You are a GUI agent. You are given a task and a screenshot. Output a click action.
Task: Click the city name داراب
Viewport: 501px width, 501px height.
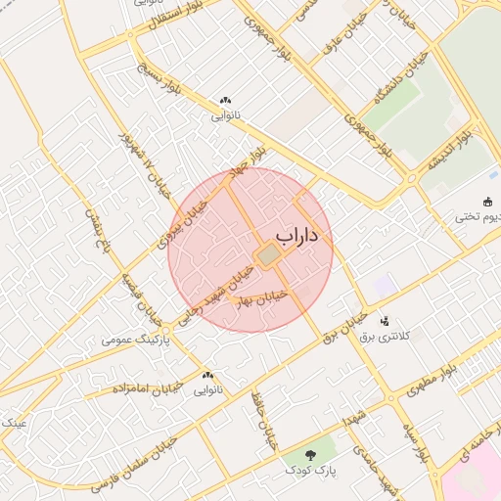coord(303,236)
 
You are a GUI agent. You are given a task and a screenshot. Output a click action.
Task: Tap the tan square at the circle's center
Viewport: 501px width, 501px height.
coord(266,255)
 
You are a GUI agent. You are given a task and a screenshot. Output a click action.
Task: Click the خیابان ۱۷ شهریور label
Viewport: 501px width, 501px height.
coord(136,161)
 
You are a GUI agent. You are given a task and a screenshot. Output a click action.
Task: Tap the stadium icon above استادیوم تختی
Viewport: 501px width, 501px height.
coord(487,202)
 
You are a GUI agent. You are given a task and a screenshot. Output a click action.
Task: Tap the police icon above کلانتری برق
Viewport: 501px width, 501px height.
coord(385,320)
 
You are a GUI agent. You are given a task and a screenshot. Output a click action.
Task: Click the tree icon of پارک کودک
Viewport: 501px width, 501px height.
coord(310,454)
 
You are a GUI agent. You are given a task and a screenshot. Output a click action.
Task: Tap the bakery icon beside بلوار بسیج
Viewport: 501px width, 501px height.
coord(225,100)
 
